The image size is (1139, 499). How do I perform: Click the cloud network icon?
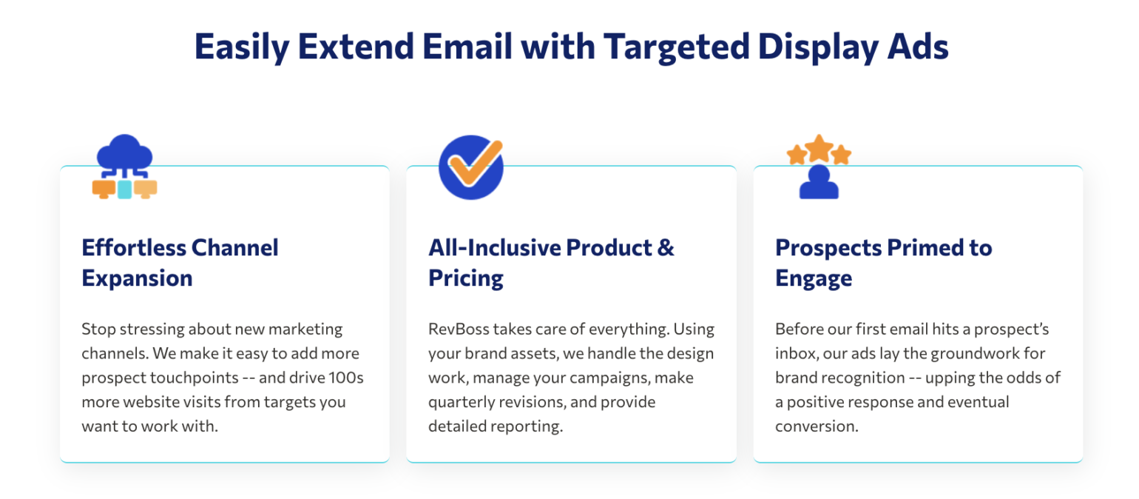[x=124, y=167]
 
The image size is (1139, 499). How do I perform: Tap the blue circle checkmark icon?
[x=470, y=167]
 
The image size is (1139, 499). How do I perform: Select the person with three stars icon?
[x=819, y=167]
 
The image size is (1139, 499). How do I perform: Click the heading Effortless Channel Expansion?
[x=180, y=263]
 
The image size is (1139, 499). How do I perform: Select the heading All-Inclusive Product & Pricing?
[x=551, y=263]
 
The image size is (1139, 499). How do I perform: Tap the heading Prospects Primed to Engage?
[x=883, y=263]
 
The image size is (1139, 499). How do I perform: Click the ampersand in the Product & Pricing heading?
[x=666, y=247]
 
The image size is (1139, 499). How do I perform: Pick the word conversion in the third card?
[x=816, y=427]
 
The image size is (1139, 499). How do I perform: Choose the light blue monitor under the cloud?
[x=124, y=190]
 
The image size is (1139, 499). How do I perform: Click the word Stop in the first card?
[x=97, y=329]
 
